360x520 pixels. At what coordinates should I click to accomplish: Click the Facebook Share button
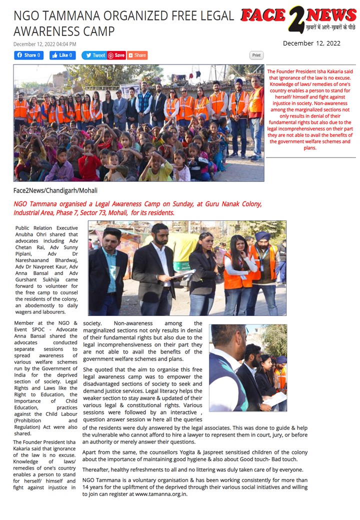pyautogui.click(x=28, y=55)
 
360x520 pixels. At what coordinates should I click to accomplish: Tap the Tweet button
pyautogui.click(x=94, y=55)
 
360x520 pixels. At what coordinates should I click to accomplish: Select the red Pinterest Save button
pyautogui.click(x=116, y=55)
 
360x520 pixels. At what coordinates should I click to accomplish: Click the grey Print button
pyautogui.click(x=256, y=55)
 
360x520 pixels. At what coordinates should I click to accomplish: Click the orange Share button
pyautogui.click(x=137, y=55)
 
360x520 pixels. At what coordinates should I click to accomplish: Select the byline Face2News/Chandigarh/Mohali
pyautogui.click(x=55, y=190)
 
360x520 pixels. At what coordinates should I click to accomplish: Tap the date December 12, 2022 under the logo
pyautogui.click(x=311, y=43)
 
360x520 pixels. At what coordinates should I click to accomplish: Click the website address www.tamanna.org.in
pyautogui.click(x=161, y=494)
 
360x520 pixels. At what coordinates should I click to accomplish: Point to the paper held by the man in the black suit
pyautogui.click(x=182, y=274)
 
